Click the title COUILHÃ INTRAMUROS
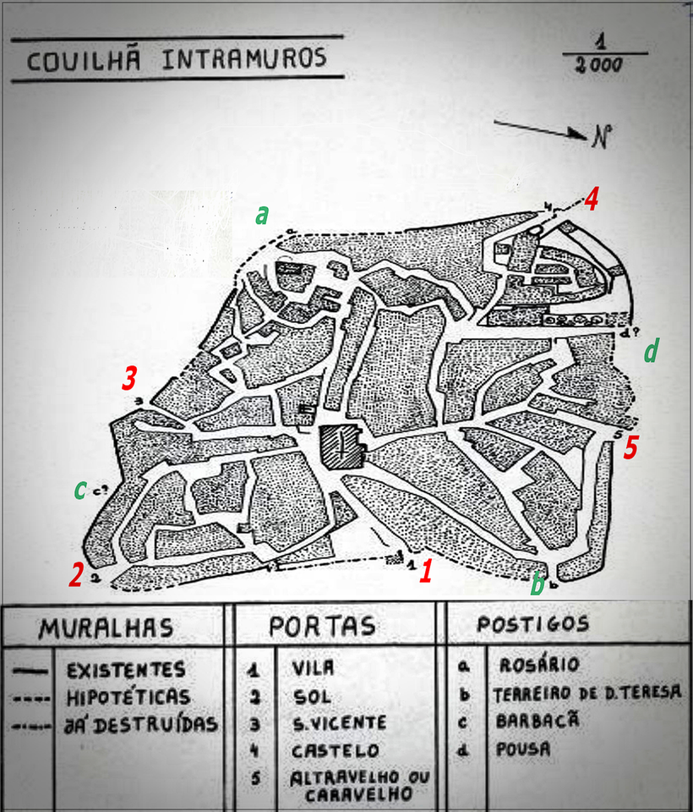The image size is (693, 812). pos(176,60)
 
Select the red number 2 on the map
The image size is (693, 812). pos(76,576)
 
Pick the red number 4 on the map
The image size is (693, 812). pos(592,200)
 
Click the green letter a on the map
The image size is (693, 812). pos(262,215)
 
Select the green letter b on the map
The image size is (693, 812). pos(536,584)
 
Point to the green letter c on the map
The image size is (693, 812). pos(79,488)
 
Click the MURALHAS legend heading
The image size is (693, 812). pos(106,628)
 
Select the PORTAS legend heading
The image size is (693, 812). pos(322,627)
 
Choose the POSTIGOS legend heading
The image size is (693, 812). pos(532,624)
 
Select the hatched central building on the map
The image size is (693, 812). pos(341,443)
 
